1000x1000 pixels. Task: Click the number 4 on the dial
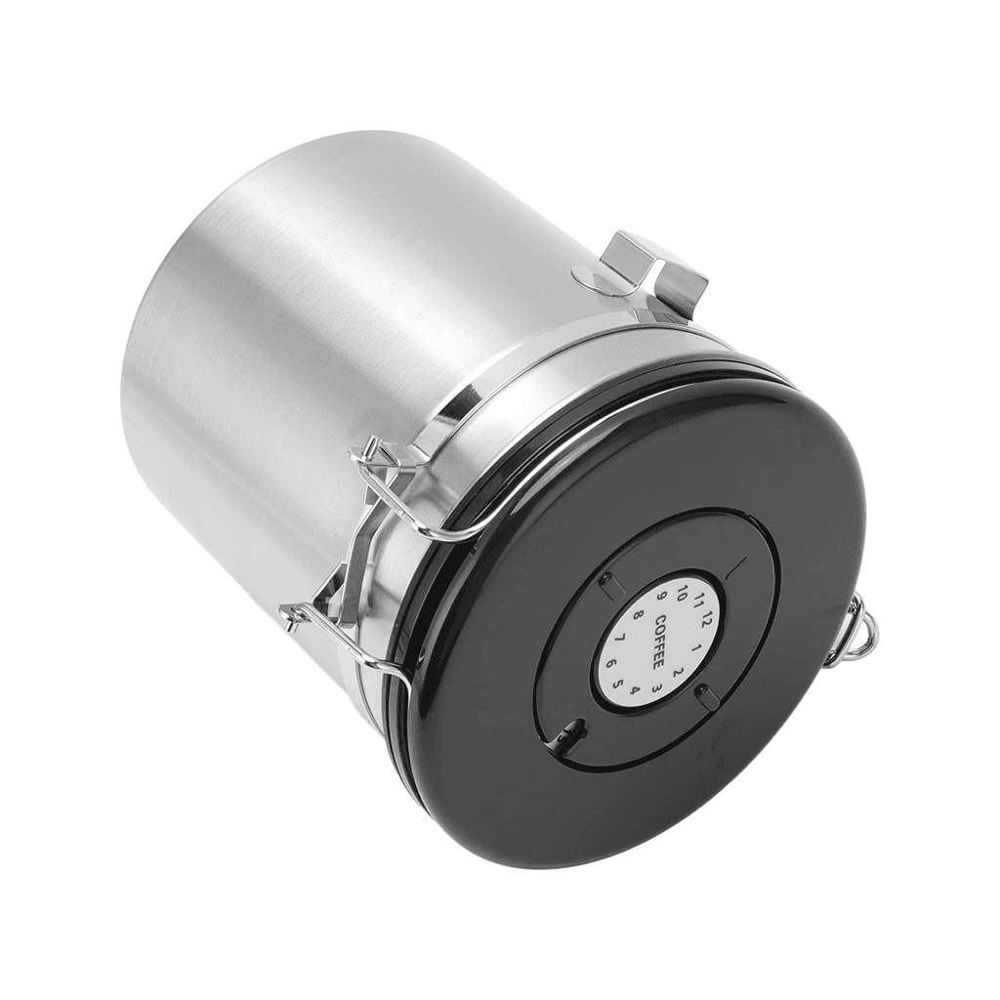pyautogui.click(x=634, y=689)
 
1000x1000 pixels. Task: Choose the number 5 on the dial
pyautogui.click(x=617, y=685)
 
